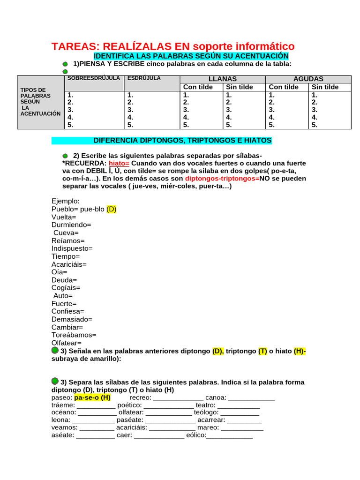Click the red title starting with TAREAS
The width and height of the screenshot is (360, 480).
click(173, 46)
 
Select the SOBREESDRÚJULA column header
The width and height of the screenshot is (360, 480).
click(94, 78)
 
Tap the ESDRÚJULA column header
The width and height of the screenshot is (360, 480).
click(144, 78)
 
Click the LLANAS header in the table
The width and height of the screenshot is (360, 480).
click(222, 79)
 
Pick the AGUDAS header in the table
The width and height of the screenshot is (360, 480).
click(308, 79)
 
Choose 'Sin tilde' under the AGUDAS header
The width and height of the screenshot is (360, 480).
click(325, 87)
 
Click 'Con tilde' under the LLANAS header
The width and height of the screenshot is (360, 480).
click(198, 87)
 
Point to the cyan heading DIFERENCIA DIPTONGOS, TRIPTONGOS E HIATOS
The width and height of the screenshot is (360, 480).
click(182, 141)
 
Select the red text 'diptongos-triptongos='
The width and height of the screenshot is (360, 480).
click(222, 179)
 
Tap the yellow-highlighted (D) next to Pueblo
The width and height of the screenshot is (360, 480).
click(111, 210)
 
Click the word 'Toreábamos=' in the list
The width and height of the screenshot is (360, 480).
click(74, 335)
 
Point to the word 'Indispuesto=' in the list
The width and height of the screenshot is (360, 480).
click(72, 248)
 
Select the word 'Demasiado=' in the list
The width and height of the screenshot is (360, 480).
click(72, 319)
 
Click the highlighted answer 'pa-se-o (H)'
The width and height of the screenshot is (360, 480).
click(92, 397)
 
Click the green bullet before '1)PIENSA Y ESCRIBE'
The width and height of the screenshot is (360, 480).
click(65, 64)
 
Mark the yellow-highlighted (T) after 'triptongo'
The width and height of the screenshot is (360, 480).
click(262, 351)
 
